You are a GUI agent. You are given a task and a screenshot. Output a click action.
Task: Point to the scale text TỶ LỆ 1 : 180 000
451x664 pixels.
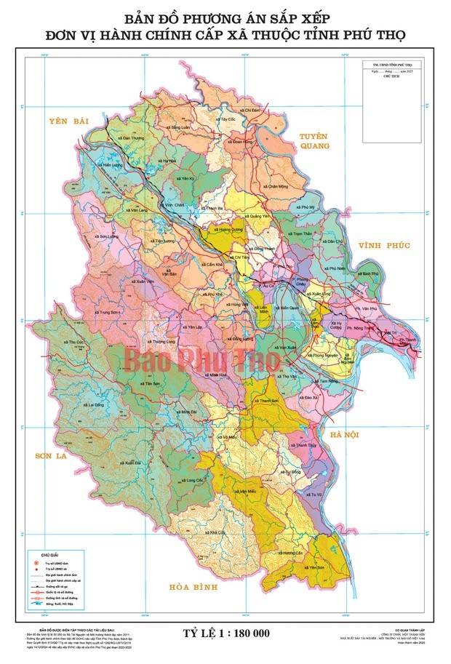point(224,632)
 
